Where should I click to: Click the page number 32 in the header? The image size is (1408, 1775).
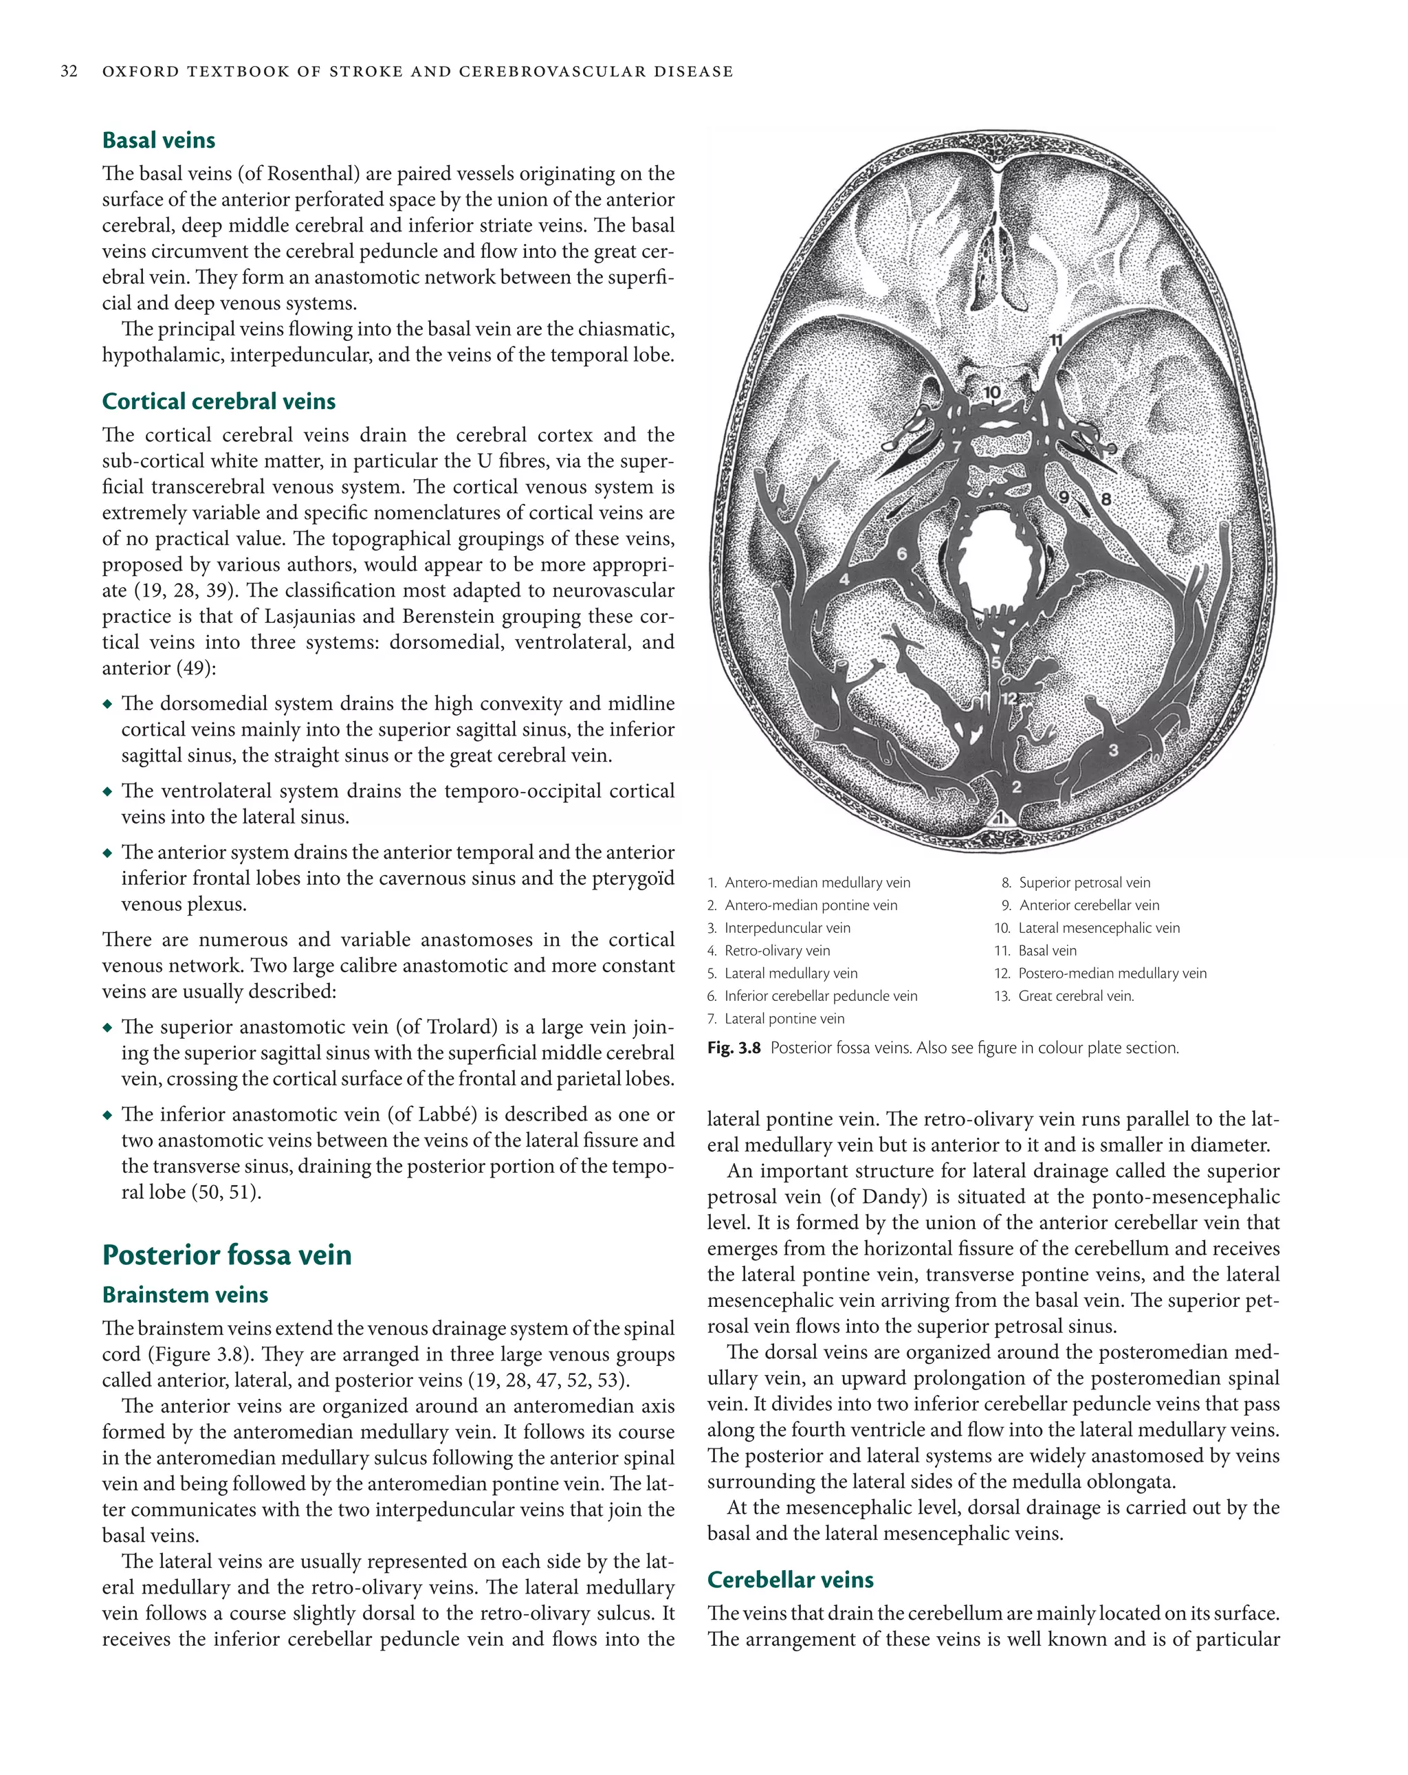point(69,71)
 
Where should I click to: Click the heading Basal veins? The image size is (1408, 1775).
point(158,141)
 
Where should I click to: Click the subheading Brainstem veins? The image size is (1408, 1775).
point(184,1295)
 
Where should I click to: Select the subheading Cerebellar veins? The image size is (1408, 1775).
point(790,1580)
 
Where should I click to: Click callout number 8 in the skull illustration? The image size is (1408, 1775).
point(1105,499)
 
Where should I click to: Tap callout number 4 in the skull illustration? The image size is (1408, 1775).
point(844,580)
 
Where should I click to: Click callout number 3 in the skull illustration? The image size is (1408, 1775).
point(1113,750)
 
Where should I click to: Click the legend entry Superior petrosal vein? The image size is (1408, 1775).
point(1083,883)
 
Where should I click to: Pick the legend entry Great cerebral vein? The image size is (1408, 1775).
point(1075,996)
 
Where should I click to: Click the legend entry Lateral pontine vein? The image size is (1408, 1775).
point(784,1019)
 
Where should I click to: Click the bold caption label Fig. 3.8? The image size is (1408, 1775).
point(733,1048)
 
